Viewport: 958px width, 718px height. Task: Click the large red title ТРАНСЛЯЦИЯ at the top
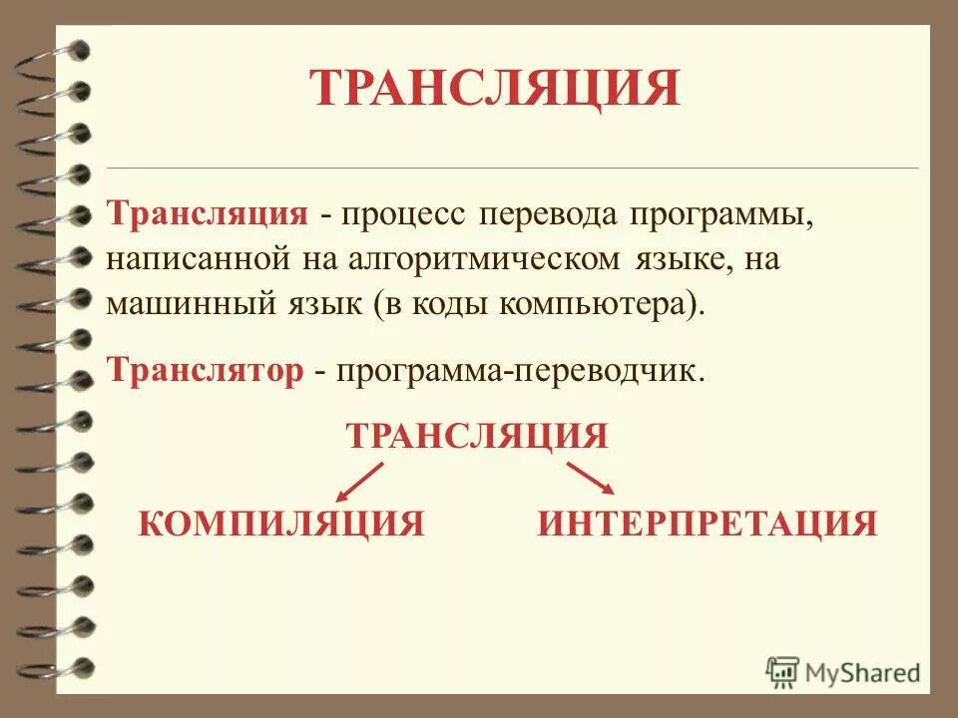point(494,88)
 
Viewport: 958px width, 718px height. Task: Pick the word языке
point(675,260)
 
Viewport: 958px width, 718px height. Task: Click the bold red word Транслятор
point(206,370)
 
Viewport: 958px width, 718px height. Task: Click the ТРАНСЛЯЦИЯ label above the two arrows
point(476,436)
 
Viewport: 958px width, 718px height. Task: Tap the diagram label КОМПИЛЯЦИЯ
point(281,523)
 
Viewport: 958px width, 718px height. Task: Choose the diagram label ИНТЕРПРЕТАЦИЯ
point(708,523)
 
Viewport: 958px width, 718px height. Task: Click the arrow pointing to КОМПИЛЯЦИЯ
point(360,481)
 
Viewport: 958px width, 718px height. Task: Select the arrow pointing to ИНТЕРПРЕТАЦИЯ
point(591,478)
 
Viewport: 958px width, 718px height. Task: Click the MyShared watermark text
point(861,672)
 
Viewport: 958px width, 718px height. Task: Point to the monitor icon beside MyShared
point(783,671)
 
